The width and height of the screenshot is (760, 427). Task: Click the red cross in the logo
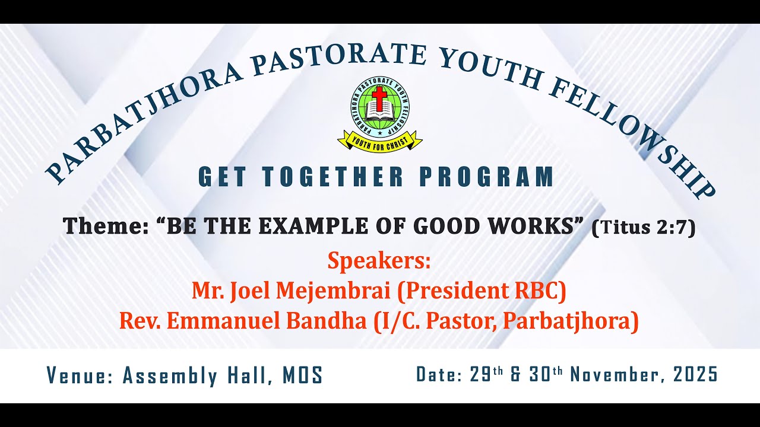379,97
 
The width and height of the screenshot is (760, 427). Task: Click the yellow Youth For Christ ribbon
379,141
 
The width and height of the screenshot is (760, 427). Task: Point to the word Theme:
105,226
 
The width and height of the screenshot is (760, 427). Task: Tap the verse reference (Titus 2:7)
643,227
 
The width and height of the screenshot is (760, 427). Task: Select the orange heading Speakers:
379,260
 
